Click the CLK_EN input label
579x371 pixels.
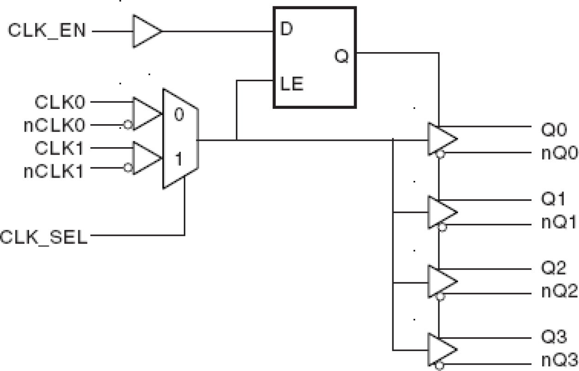pos(47,32)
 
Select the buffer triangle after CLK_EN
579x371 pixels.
pos(146,31)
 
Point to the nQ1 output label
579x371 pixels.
pos(559,223)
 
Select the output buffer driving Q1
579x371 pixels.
pos(442,211)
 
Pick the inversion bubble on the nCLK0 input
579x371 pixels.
pos(126,125)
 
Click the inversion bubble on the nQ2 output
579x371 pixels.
pos(441,297)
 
